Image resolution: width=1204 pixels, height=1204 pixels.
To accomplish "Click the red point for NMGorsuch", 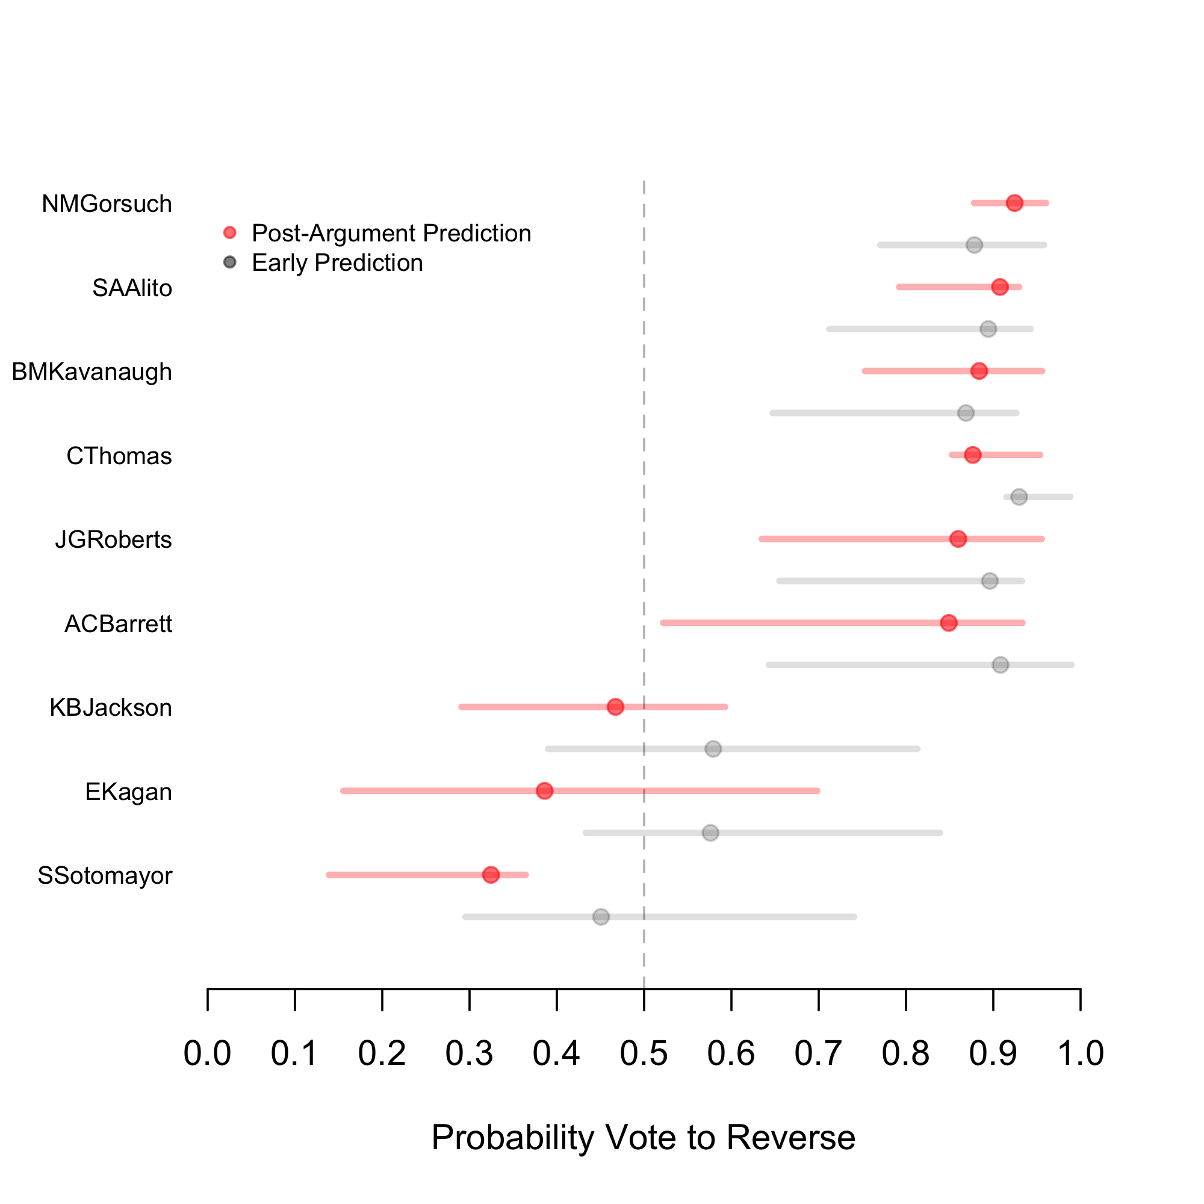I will click(1014, 203).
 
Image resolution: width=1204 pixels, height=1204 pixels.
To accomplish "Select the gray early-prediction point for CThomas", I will click(1019, 497).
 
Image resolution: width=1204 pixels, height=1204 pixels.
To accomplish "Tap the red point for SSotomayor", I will click(491, 875).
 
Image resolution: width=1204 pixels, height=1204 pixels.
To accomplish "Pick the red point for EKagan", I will click(545, 791).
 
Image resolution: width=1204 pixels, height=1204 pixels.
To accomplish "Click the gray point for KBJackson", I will click(713, 748).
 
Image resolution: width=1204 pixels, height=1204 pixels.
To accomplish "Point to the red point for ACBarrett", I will click(949, 622).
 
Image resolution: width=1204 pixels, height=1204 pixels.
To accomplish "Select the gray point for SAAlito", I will click(988, 329).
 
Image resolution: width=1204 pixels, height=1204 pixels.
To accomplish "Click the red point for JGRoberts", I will click(958, 538).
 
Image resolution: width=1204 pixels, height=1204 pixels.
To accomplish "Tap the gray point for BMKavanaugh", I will click(966, 412).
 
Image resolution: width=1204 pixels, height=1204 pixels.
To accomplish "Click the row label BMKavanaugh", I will click(92, 372).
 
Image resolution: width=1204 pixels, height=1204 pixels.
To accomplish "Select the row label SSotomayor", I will click(105, 875).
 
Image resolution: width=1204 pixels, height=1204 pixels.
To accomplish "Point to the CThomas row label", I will click(119, 456).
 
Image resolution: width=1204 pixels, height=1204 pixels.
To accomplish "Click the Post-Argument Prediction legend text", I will click(391, 233).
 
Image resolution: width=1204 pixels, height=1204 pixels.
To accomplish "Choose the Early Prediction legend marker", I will click(230, 262).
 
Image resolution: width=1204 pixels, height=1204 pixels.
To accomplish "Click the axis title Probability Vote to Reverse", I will click(643, 1137).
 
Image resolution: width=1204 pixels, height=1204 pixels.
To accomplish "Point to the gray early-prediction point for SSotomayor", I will click(601, 917).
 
